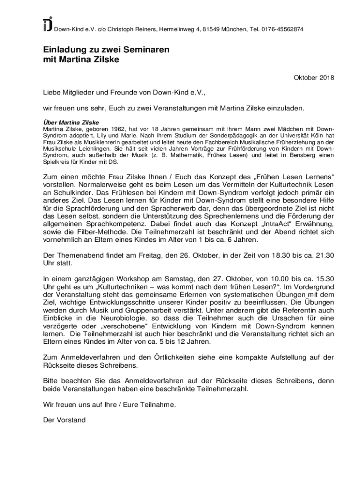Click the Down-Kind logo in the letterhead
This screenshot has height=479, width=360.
click(x=47, y=24)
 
